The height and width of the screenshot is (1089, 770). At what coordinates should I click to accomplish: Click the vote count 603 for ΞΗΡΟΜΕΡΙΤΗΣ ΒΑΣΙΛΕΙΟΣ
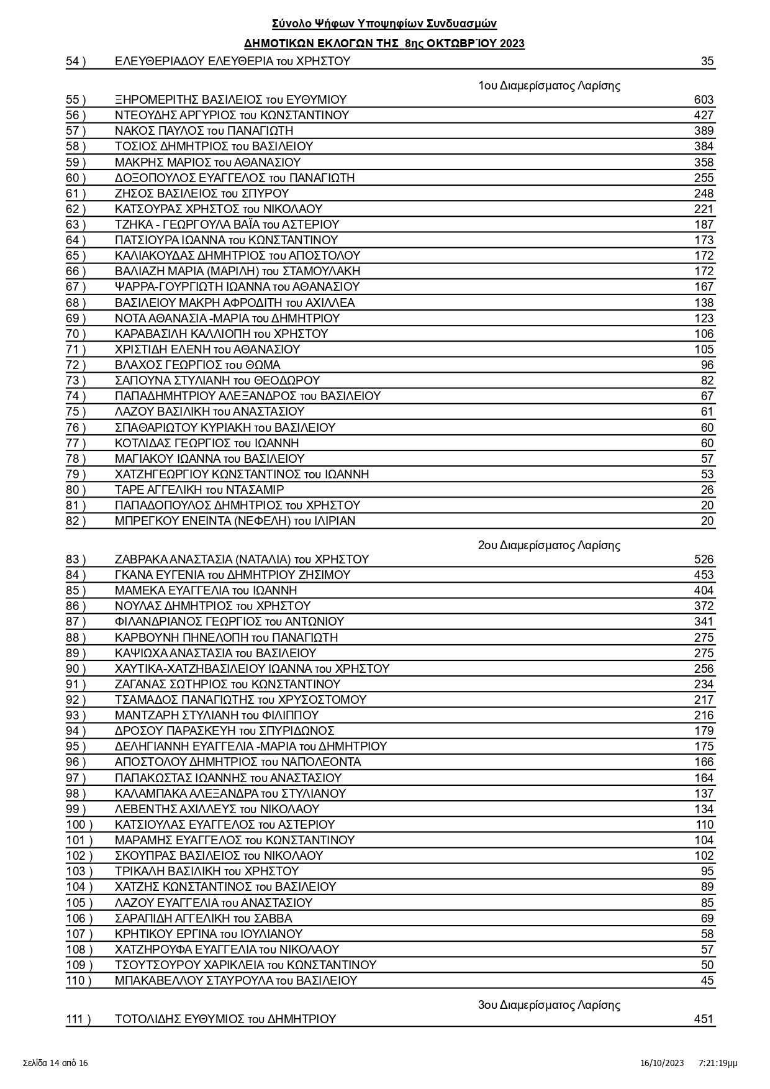(x=704, y=99)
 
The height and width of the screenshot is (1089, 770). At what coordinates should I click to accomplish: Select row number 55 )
(x=76, y=99)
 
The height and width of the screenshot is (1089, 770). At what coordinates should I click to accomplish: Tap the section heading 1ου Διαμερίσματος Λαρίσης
(x=549, y=86)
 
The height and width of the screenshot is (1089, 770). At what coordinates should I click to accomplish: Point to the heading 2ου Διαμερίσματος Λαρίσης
(x=549, y=545)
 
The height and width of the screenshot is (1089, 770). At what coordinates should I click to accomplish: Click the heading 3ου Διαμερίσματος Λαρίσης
(x=549, y=1005)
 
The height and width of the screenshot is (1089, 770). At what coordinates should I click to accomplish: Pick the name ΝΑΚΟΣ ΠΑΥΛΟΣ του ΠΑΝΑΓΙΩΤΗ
(x=204, y=130)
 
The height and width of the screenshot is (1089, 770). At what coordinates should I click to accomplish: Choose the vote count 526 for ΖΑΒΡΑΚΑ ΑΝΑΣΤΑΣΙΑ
(x=704, y=559)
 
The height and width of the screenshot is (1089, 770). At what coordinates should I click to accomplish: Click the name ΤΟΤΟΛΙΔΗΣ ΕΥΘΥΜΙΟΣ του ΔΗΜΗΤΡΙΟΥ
(x=225, y=1019)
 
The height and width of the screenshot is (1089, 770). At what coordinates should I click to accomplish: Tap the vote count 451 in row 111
(x=704, y=1019)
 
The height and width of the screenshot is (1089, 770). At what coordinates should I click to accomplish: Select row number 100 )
(x=79, y=824)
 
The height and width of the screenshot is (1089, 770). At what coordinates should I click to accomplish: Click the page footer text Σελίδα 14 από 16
(x=55, y=1063)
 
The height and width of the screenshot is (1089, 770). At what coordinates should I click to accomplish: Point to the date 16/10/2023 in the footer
(x=662, y=1063)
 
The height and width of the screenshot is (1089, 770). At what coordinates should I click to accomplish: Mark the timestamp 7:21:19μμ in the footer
(x=718, y=1063)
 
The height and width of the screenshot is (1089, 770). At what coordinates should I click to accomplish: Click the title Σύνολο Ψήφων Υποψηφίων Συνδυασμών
(x=384, y=24)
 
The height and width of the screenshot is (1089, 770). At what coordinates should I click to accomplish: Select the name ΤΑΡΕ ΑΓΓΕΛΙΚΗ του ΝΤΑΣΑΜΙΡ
(x=199, y=490)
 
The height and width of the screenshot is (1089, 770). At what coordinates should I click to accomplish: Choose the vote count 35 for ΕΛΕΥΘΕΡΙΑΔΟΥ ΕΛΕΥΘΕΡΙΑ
(x=707, y=61)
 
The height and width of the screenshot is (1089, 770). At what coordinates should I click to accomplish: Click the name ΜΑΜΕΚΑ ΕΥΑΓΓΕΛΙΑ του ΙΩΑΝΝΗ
(x=206, y=590)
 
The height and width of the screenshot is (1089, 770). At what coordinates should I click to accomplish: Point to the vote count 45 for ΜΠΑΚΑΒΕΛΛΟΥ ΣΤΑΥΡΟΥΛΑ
(x=707, y=980)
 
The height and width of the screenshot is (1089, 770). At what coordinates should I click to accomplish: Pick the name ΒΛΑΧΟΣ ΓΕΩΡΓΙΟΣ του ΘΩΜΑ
(x=197, y=365)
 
